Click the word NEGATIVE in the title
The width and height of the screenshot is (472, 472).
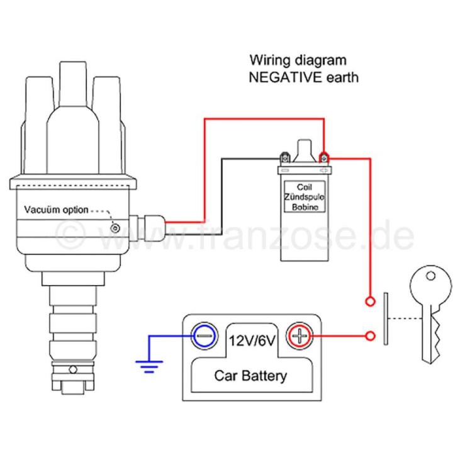(x=285, y=77)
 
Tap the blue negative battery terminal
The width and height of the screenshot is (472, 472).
(x=205, y=336)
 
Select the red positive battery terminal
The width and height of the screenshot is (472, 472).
(x=300, y=336)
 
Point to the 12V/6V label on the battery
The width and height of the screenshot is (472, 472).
(x=252, y=341)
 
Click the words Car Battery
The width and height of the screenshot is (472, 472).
(x=250, y=376)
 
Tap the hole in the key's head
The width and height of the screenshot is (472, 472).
(x=430, y=276)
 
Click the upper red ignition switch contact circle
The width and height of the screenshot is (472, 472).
(x=370, y=301)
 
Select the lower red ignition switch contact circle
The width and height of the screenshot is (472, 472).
(x=370, y=336)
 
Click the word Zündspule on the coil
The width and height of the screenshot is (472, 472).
(x=305, y=197)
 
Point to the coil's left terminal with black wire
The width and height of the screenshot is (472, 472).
(x=284, y=158)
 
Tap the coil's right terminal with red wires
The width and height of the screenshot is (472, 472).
(x=324, y=158)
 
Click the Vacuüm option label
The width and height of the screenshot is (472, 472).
(x=56, y=210)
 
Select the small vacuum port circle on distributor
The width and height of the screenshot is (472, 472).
(x=115, y=228)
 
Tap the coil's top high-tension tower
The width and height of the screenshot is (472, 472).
(x=305, y=151)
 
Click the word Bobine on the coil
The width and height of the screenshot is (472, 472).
(x=305, y=207)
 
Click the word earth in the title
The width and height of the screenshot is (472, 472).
(x=342, y=77)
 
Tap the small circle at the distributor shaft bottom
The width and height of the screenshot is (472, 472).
(x=73, y=369)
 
